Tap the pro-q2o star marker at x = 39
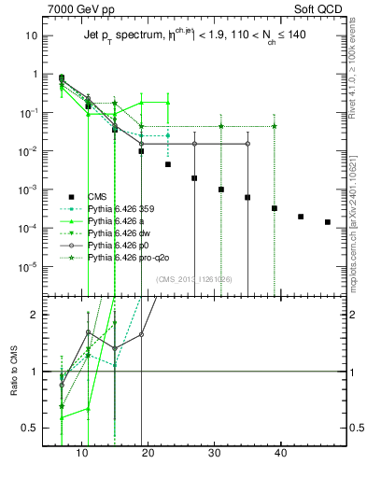point(275,126)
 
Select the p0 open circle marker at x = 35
point(247,144)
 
